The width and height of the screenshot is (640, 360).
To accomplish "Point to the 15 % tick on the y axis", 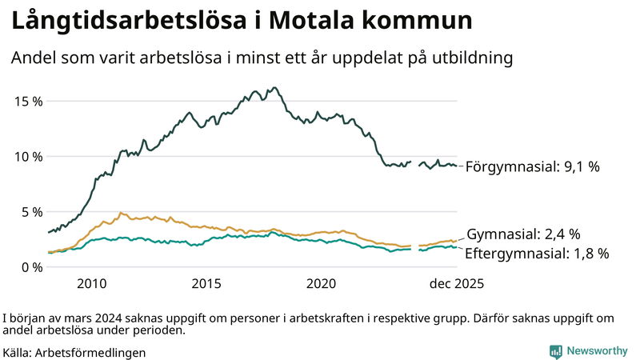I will tap(28, 101).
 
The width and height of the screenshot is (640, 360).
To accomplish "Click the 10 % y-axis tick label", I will tap(28, 156).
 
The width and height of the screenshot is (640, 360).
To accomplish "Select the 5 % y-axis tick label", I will tap(31, 211).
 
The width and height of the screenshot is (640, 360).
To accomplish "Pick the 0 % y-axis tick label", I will tap(31, 266).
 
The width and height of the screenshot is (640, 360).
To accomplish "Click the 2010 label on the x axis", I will tap(91, 284).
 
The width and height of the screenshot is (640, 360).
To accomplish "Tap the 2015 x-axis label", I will tap(206, 284).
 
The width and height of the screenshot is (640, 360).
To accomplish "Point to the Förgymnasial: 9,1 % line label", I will tap(532, 167).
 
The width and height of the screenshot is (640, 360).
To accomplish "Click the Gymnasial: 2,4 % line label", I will tap(523, 234).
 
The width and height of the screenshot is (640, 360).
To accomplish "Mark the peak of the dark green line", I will tap(274, 87).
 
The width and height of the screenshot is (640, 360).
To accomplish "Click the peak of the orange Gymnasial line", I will tap(121, 213).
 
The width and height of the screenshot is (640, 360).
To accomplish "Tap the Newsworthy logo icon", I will tap(555, 351).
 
